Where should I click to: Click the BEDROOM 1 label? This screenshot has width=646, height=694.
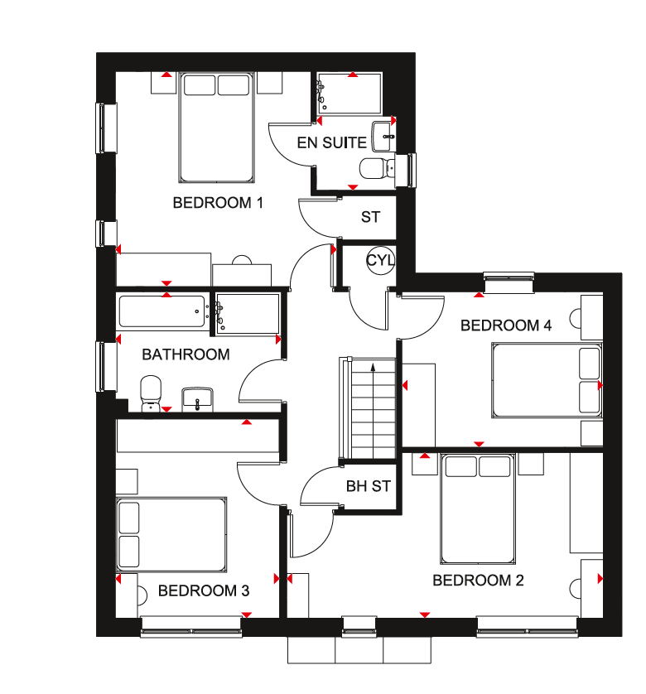[218, 203]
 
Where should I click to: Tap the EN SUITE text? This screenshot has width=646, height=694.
[331, 143]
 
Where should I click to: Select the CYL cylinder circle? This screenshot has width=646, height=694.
[380, 260]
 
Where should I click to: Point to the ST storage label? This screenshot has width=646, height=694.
[370, 217]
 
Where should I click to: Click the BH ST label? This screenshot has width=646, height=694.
[369, 486]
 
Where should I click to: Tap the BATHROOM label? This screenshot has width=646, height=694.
[186, 354]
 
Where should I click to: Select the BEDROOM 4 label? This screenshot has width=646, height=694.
[506, 325]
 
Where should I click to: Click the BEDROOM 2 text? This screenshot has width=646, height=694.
[478, 581]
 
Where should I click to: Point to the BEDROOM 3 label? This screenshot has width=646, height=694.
[204, 590]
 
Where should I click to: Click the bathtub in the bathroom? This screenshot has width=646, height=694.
[162, 311]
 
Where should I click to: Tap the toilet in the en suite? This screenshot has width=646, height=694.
[377, 168]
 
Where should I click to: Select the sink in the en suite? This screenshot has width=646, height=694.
[383, 137]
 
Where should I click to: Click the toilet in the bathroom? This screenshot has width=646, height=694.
[151, 393]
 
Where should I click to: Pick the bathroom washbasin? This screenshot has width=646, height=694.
[197, 399]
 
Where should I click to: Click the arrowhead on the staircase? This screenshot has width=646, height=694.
[373, 367]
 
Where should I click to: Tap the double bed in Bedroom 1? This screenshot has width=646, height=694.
[216, 128]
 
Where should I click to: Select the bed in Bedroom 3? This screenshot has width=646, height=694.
[171, 534]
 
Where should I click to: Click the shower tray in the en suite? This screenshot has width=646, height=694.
[349, 94]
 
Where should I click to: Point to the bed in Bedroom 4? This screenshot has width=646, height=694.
[547, 381]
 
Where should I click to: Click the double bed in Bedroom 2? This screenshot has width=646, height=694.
[478, 508]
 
